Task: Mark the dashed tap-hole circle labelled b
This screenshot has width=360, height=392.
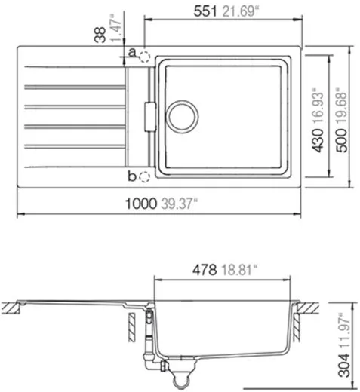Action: click(x=145, y=177)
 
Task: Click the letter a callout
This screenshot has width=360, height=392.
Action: click(x=131, y=53)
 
